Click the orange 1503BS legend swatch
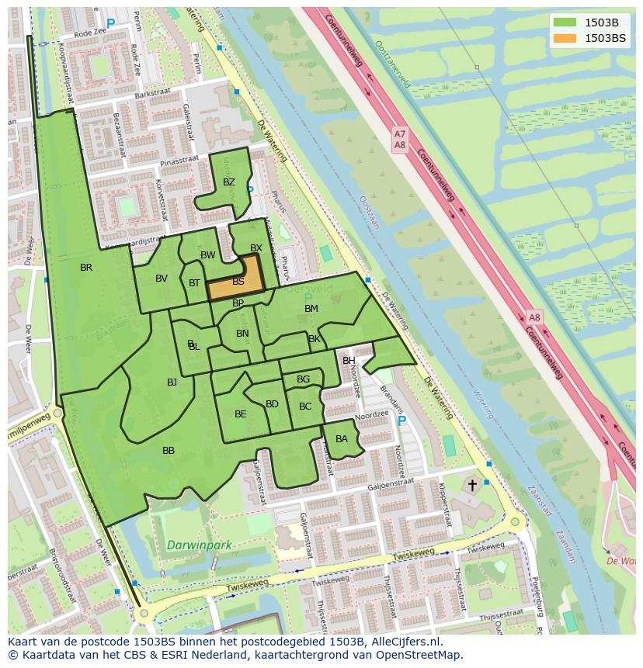tap(565, 38)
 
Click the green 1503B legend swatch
tap(565, 22)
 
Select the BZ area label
tap(228, 182)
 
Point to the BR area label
tap(86, 268)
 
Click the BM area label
tap(311, 309)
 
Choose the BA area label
tap(342, 439)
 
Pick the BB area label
tap(169, 451)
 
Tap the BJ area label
tap(172, 382)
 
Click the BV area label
tap(162, 279)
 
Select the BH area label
tap(349, 361)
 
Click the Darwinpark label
tap(199, 545)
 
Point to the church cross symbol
tap(472, 485)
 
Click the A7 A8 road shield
tap(399, 140)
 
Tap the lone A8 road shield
tap(534, 317)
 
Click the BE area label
tap(240, 414)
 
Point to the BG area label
tap(303, 379)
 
